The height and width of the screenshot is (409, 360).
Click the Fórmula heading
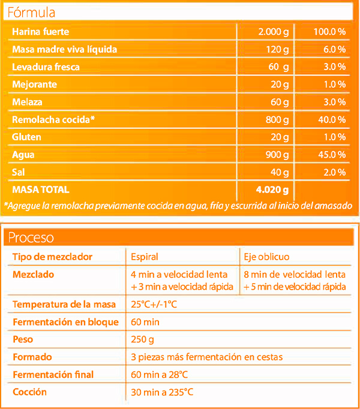[x=31, y=12]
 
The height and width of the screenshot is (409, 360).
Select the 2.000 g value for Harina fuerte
[x=274, y=32]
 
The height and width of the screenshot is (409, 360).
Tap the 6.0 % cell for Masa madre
[x=334, y=49]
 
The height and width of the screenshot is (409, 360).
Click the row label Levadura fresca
[x=46, y=67]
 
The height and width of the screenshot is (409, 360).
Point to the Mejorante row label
[x=34, y=85]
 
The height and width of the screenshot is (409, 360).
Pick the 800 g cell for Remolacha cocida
[x=277, y=120]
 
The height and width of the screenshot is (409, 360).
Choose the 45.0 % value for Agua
[x=332, y=155]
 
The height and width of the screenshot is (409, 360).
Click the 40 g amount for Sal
[x=280, y=172]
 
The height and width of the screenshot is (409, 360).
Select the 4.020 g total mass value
[x=272, y=190]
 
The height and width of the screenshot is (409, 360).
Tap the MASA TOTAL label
[x=41, y=190]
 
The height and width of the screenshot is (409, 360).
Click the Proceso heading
[x=31, y=237]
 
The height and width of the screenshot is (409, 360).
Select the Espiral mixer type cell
[x=145, y=257]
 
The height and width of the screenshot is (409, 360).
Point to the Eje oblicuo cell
[x=266, y=257]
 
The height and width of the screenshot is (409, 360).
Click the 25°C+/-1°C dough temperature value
[x=154, y=304]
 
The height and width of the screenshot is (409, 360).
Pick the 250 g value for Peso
[x=142, y=339]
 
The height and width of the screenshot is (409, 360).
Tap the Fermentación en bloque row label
[x=66, y=322]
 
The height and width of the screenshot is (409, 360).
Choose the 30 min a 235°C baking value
[x=162, y=392]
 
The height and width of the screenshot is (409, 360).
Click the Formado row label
[x=32, y=357]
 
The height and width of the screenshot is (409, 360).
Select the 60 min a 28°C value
[x=159, y=375]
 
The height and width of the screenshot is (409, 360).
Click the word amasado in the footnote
[x=333, y=206]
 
